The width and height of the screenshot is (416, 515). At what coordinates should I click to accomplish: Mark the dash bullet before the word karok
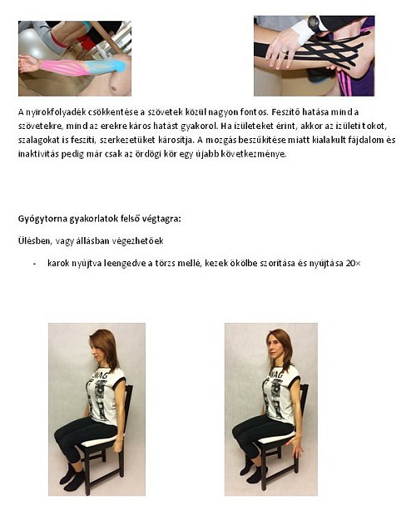point(34,263)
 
